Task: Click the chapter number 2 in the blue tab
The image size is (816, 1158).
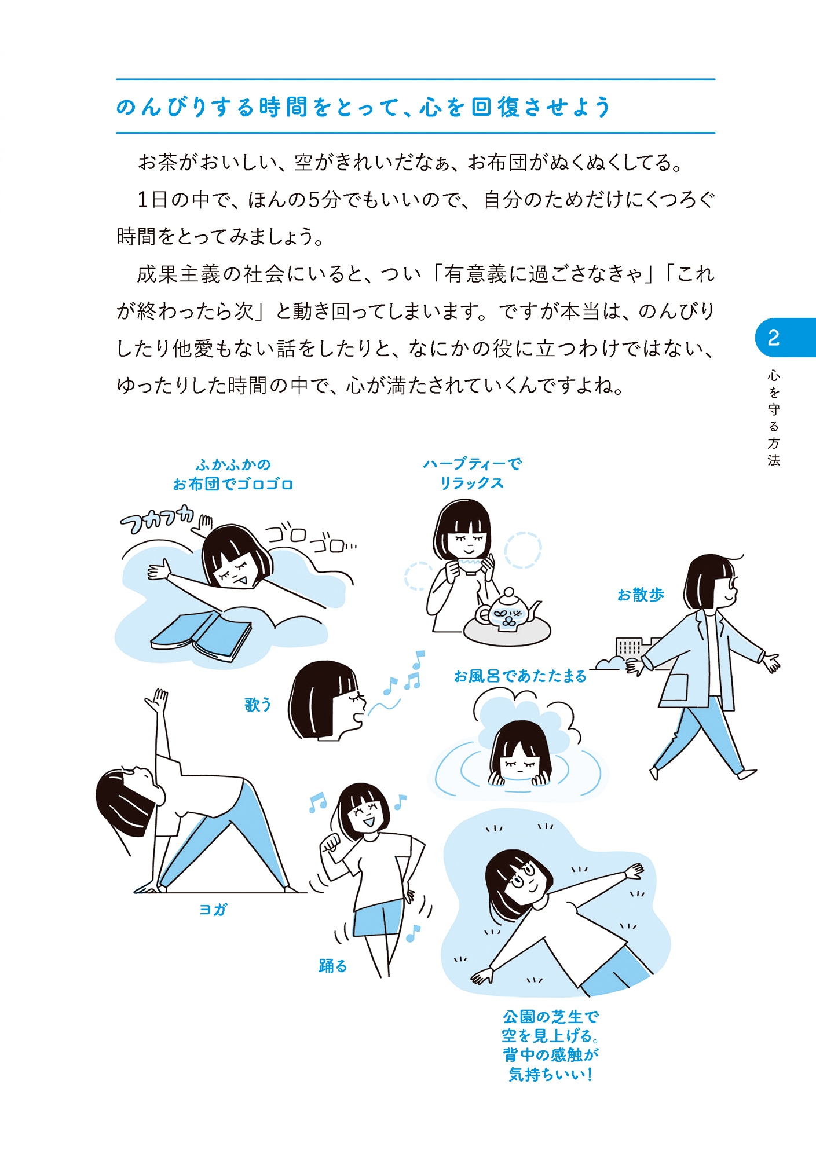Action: click(773, 338)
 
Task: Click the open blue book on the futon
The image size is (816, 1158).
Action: click(201, 636)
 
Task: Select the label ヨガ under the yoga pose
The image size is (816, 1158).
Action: click(213, 910)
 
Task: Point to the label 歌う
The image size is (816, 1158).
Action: click(258, 705)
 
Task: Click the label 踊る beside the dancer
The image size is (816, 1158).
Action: click(333, 966)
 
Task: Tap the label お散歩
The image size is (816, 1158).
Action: click(641, 595)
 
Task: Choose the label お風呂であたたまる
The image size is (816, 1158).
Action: click(520, 676)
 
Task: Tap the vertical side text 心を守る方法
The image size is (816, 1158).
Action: click(774, 417)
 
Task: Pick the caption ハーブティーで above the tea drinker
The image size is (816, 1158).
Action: click(472, 464)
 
